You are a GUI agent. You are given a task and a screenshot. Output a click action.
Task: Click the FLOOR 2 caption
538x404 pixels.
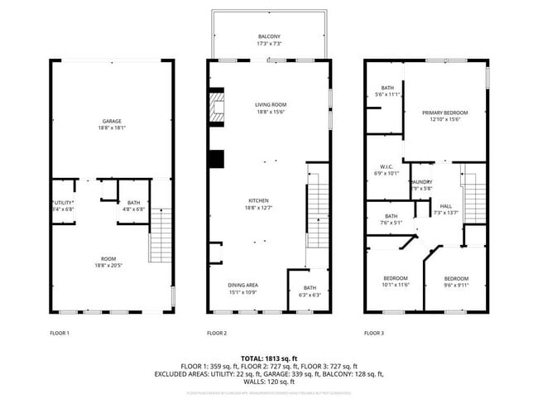click(x=216, y=333)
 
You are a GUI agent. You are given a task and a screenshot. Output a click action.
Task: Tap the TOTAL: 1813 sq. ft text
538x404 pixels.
click(x=269, y=358)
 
